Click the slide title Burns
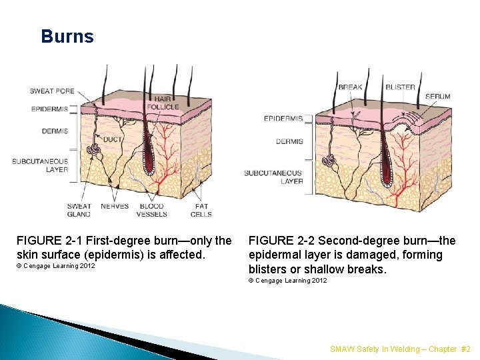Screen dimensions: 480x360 point(67,37)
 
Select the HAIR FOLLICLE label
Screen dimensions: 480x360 point(162,102)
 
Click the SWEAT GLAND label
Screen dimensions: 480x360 point(79,210)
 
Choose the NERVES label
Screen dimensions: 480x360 point(115,207)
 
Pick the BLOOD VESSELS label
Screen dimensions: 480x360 point(151,210)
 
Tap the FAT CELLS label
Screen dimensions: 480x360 point(201,210)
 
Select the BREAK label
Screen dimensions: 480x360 point(350,87)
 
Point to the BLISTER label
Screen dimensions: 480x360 point(400,87)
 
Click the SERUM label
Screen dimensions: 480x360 point(438,97)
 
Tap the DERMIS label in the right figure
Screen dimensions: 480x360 point(289,141)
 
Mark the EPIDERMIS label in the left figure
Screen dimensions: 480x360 point(49,109)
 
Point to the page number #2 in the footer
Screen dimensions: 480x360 point(465,349)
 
